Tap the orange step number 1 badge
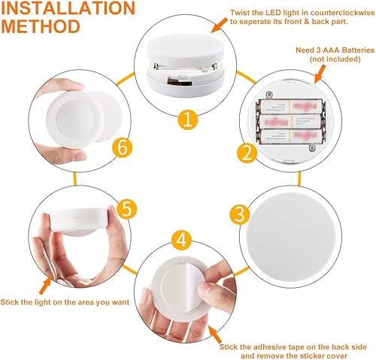(190, 119)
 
